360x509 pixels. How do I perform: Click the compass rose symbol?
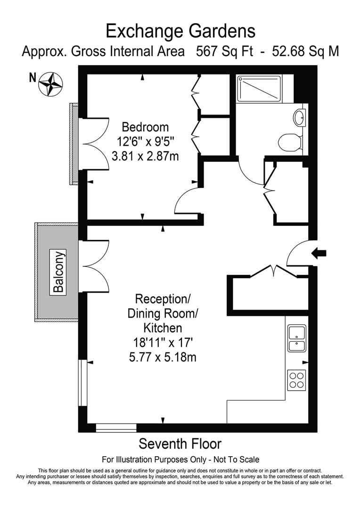click(x=50, y=84)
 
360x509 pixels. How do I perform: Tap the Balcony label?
click(x=59, y=272)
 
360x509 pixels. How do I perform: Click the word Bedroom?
click(x=145, y=127)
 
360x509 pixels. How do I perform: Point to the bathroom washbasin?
click(x=299, y=116)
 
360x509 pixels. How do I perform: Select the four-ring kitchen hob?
click(x=296, y=380)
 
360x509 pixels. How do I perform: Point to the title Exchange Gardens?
click(x=180, y=31)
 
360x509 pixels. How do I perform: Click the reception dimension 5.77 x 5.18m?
click(x=163, y=357)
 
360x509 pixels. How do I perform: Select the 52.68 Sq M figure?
click(x=306, y=51)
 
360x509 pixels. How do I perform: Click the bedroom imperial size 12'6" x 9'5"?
click(x=146, y=141)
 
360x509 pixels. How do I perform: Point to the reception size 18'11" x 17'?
click(x=163, y=343)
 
